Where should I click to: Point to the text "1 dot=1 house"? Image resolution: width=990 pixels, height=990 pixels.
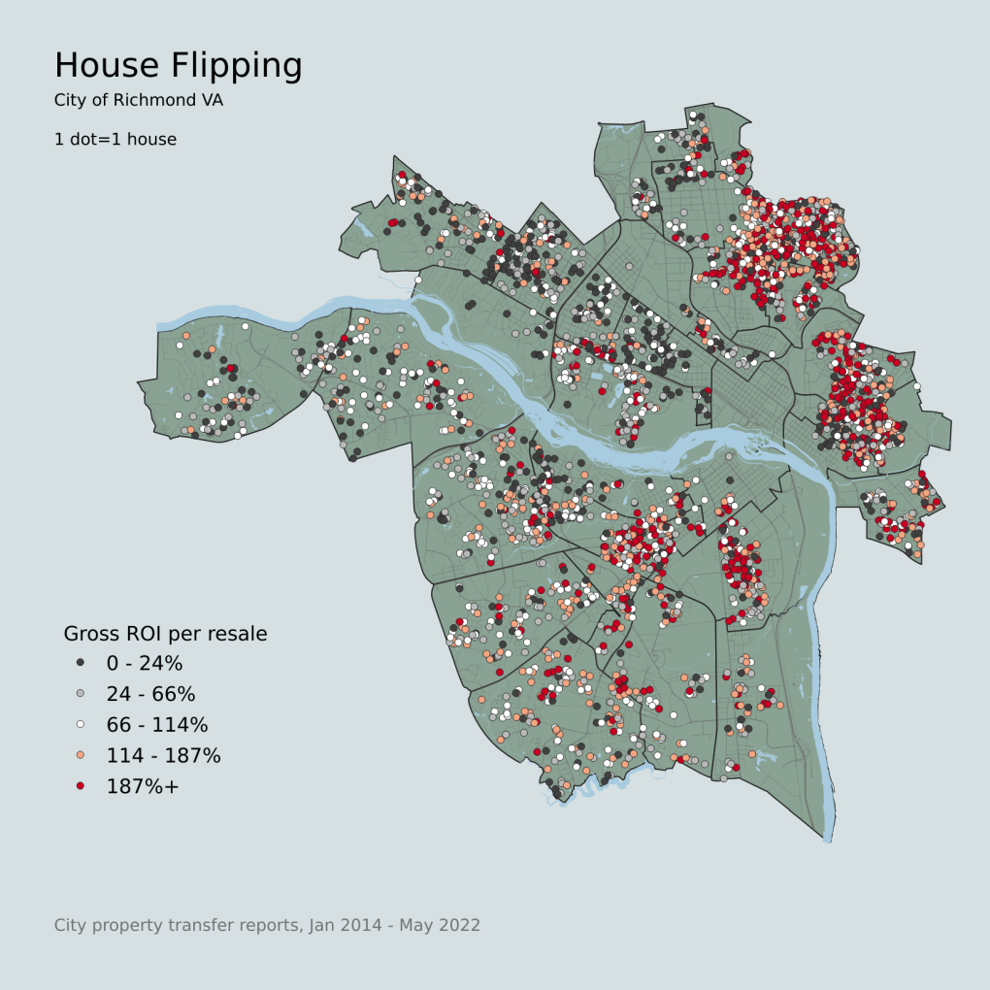tap(115, 139)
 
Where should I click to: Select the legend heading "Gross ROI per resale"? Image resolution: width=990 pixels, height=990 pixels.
tap(165, 634)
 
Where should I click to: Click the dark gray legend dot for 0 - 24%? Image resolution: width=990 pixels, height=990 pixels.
tap(81, 663)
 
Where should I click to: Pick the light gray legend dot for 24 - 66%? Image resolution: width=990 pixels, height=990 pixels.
tap(81, 694)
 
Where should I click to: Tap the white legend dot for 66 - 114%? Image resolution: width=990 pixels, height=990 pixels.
tap(81, 724)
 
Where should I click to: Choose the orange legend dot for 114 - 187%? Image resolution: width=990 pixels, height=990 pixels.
tap(81, 755)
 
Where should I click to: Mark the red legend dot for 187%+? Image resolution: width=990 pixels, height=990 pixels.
tap(81, 785)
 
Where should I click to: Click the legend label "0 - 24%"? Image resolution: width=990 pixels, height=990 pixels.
tap(145, 664)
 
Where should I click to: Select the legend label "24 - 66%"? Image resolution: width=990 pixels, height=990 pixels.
tap(150, 694)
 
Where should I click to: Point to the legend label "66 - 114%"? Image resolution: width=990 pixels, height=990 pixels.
tap(157, 725)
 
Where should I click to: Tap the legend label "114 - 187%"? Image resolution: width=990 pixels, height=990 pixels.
tap(163, 755)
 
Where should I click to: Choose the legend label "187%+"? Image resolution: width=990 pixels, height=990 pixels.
tap(143, 786)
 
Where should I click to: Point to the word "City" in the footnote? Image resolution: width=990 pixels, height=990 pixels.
tap(70, 925)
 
